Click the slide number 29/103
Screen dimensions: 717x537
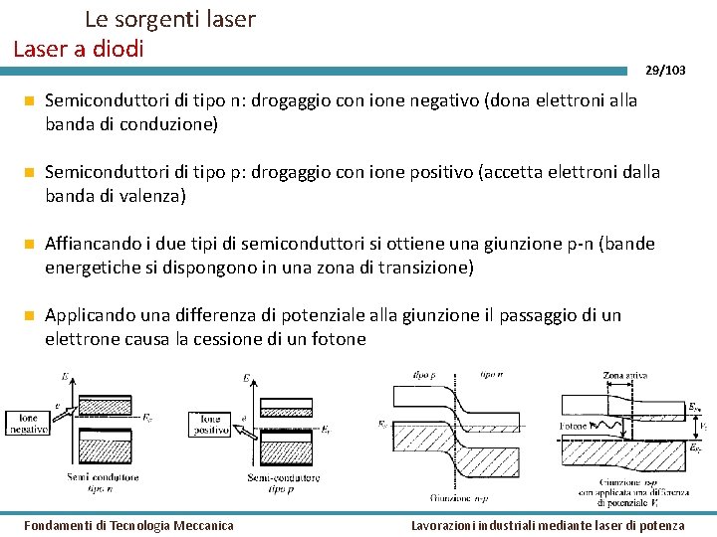(665, 70)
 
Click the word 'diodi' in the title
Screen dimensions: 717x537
(120, 47)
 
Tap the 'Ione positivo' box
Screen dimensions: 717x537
(210, 425)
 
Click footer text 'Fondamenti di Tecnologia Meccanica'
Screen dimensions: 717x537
(128, 525)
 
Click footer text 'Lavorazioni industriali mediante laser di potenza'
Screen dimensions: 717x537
(548, 525)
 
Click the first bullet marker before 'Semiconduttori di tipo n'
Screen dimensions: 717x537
(31, 101)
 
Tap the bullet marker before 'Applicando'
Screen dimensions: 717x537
(31, 316)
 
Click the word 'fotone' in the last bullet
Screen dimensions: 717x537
(340, 339)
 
